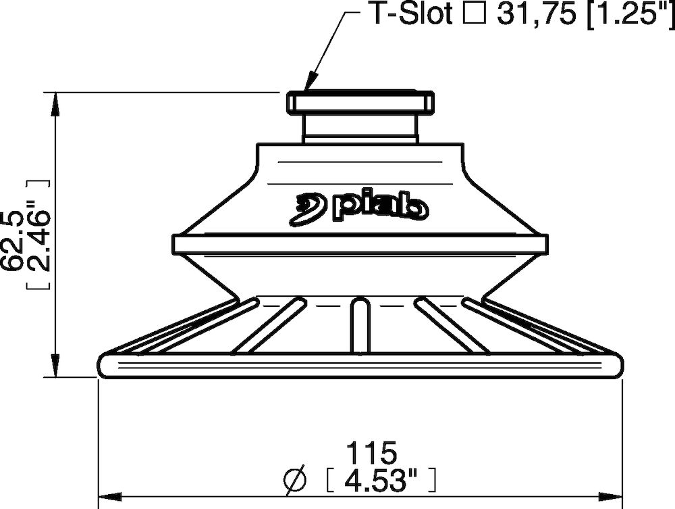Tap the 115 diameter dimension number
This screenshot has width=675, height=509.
pyautogui.click(x=370, y=452)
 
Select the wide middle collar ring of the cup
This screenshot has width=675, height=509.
pyautogui.click(x=360, y=244)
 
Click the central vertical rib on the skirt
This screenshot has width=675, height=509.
pyautogui.click(x=360, y=326)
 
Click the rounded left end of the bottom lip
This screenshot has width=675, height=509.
pyautogui.click(x=105, y=365)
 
